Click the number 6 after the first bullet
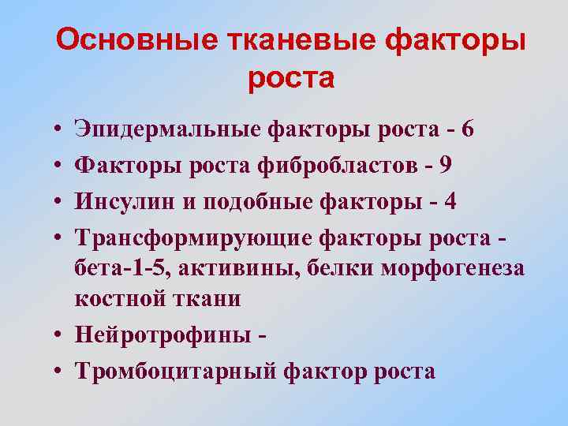[469, 129]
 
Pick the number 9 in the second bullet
[446, 165]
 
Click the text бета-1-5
[121, 268]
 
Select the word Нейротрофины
[159, 335]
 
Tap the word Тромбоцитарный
[173, 371]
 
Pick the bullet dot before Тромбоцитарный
[60, 372]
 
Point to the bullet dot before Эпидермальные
[60, 129]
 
